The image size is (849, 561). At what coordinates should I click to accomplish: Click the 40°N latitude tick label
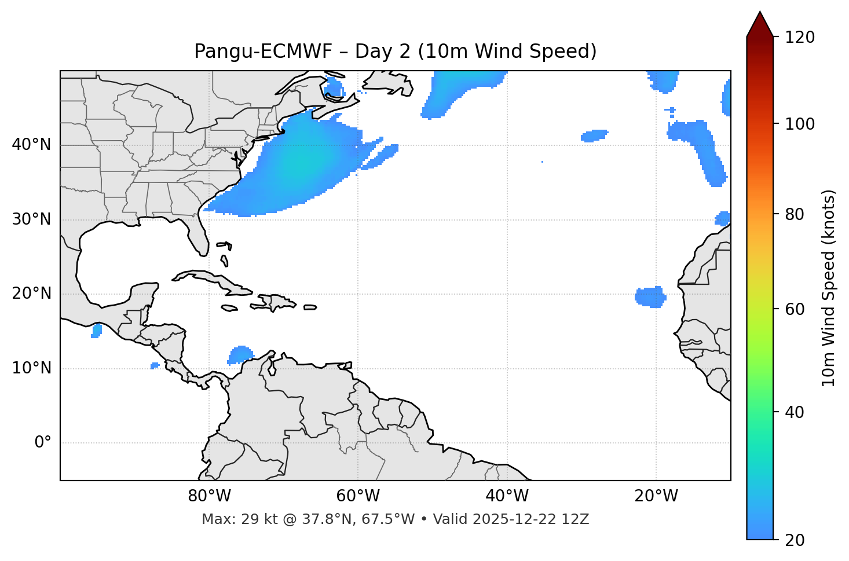click(x=31, y=145)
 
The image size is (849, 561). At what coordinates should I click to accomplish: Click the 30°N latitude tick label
click(x=31, y=219)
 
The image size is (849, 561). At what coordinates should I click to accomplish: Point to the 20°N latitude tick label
click(x=31, y=294)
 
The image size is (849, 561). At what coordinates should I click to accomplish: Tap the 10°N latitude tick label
click(x=31, y=368)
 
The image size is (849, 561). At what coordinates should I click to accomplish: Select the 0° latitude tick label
click(x=43, y=443)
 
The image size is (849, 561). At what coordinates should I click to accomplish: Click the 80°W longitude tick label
click(x=209, y=496)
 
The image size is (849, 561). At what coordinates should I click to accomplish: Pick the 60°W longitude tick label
click(x=358, y=496)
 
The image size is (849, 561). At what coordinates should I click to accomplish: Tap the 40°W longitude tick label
click(x=507, y=496)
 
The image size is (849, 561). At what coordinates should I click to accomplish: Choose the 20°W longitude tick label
click(x=656, y=496)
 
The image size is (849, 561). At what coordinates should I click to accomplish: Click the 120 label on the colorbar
click(x=800, y=38)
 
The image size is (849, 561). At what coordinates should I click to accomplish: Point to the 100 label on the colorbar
click(x=800, y=124)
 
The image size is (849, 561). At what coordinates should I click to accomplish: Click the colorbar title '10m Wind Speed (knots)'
click(x=828, y=288)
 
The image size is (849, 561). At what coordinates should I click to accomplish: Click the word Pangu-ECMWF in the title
click(x=263, y=52)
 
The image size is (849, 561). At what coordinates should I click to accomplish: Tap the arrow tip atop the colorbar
click(x=760, y=13)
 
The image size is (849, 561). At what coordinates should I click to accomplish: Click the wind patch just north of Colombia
click(x=240, y=354)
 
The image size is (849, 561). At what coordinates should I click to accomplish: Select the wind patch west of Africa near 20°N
click(x=650, y=296)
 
